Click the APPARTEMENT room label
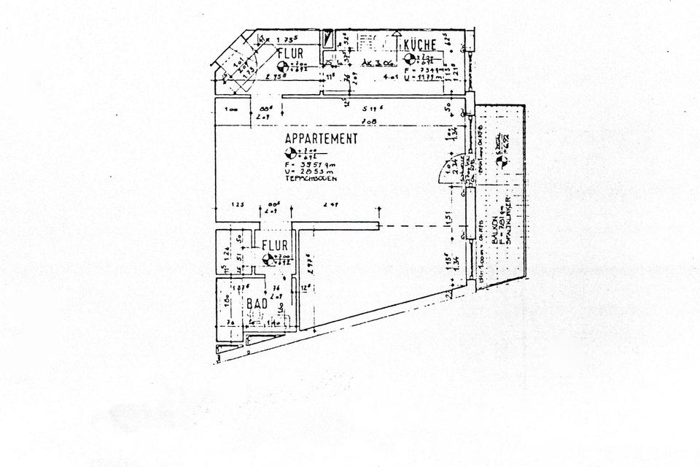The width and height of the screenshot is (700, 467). (322, 139)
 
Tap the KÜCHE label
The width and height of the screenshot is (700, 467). (420, 45)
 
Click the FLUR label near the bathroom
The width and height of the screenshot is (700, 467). (275, 245)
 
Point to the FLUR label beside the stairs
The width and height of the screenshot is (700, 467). (290, 53)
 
